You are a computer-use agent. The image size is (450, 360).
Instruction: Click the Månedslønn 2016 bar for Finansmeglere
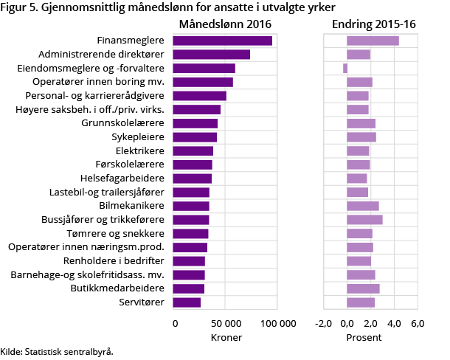[222, 41]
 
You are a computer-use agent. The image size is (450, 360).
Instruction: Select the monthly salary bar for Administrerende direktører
[211, 55]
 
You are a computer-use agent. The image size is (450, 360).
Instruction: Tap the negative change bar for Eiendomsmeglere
[345, 69]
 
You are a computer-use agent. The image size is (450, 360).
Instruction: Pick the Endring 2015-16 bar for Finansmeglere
[373, 41]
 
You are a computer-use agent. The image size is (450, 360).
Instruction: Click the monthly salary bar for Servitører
[187, 302]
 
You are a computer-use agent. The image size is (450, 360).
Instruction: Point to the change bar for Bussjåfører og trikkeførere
[364, 220]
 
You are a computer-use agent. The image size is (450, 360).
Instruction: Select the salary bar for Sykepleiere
[195, 137]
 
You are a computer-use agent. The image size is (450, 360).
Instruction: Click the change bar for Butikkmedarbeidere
[363, 288]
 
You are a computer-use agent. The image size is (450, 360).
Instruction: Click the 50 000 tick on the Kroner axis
[225, 323]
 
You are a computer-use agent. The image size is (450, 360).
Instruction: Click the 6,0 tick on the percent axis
[417, 323]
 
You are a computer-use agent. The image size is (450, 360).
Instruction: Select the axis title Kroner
[225, 337]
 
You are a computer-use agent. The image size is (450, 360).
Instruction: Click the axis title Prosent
[364, 337]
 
